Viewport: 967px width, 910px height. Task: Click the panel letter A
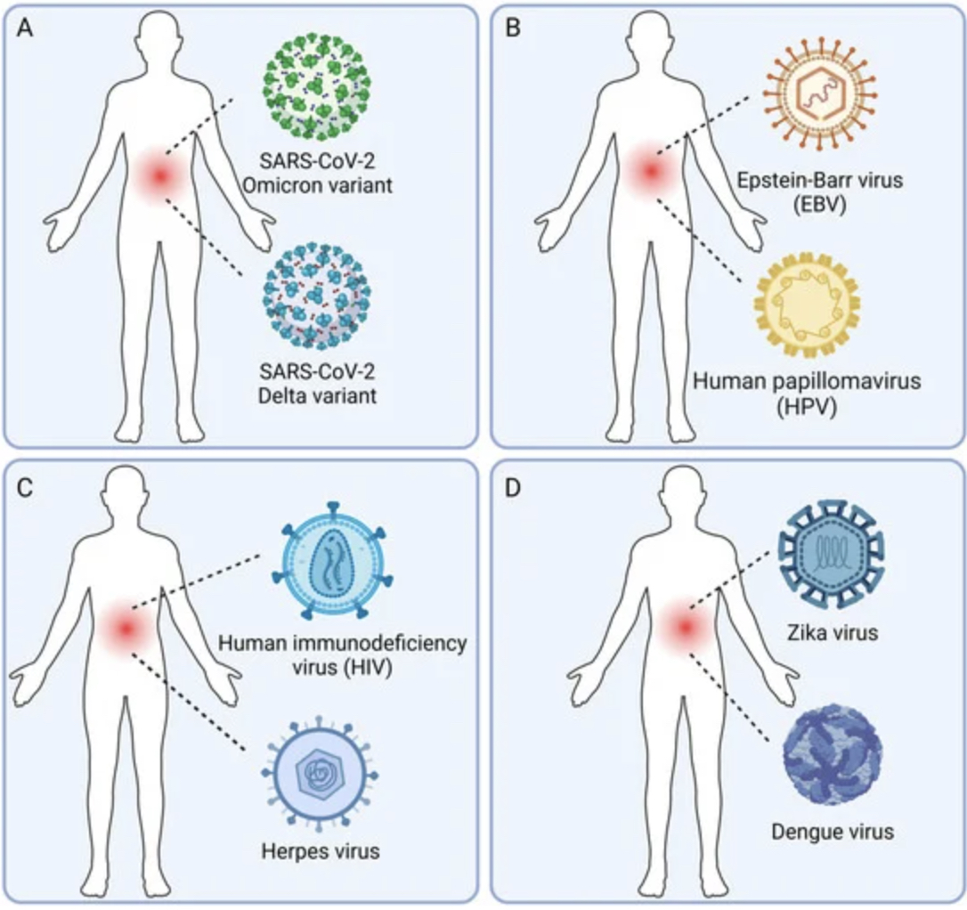coord(25,28)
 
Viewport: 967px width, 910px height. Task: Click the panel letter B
coord(513,28)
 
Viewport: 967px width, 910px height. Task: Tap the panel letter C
coord(25,488)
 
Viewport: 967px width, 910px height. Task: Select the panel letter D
coord(513,488)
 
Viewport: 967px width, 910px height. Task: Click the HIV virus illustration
coord(333,560)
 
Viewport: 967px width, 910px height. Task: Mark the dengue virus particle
coord(833,755)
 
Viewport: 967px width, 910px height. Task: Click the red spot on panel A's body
coord(160,176)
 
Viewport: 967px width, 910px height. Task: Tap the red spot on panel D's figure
coord(685,627)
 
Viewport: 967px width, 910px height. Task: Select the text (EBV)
coord(819,204)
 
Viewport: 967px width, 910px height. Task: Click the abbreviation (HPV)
coord(806,406)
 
